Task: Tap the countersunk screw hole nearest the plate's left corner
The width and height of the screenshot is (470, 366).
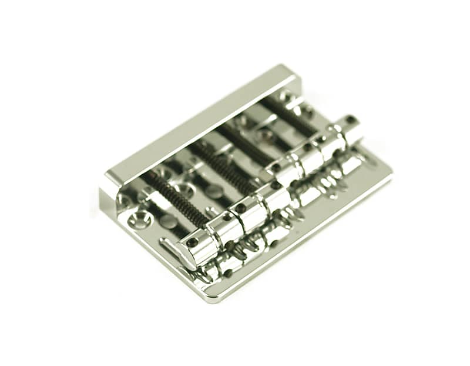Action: [x=140, y=219]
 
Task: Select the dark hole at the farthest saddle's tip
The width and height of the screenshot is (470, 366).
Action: [x=351, y=120]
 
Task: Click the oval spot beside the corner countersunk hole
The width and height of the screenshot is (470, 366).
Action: [x=167, y=222]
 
